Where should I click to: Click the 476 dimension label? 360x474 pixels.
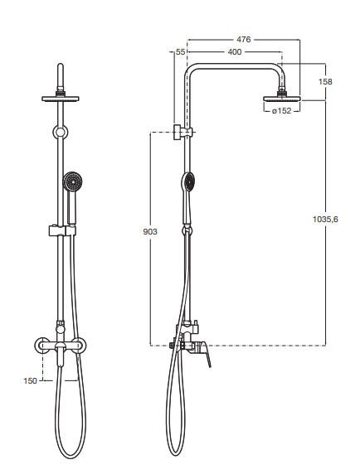(x=244, y=39)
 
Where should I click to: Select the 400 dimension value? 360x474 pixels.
(x=235, y=52)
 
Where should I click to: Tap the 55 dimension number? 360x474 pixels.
(x=180, y=52)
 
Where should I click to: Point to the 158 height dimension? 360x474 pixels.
(x=325, y=81)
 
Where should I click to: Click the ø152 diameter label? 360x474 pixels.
(x=282, y=111)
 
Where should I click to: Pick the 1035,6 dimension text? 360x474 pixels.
(x=325, y=219)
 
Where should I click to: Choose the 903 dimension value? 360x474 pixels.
(x=150, y=232)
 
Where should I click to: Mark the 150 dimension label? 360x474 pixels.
(x=30, y=381)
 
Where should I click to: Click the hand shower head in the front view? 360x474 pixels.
(x=73, y=181)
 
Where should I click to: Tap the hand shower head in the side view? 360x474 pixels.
(x=188, y=182)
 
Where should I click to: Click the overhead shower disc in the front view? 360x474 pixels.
(x=61, y=99)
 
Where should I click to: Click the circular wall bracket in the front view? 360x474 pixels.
(x=61, y=132)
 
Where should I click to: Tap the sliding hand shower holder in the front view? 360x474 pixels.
(x=62, y=230)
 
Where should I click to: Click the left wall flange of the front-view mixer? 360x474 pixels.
(x=42, y=346)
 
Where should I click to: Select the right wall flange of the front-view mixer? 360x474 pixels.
(x=80, y=346)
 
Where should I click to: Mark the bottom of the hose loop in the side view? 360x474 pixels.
(x=176, y=455)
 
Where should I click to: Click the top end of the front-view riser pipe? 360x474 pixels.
(x=61, y=64)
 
